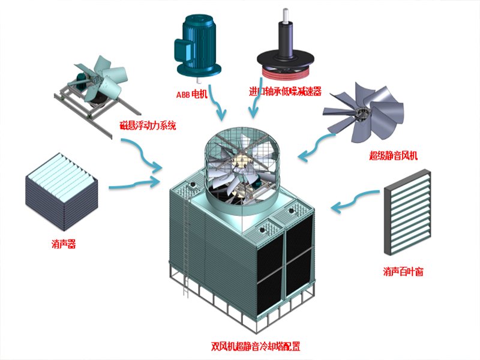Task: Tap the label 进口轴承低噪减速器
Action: [286, 92]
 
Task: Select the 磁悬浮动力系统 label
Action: [148, 126]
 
